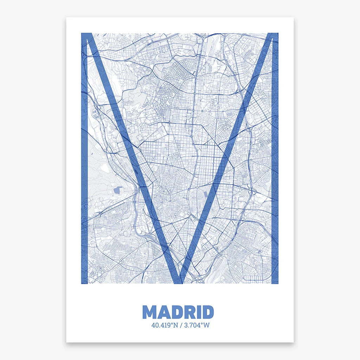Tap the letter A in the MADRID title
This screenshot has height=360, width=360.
163,312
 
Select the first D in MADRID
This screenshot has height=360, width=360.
176,312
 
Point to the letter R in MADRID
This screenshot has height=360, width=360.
189,312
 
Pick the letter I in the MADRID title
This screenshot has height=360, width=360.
198,312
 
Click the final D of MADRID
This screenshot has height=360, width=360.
207,312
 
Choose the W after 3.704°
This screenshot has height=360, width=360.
206,325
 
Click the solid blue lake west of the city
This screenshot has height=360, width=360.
117,190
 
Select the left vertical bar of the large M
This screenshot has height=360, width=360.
84,176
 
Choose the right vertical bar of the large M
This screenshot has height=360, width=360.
275,176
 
